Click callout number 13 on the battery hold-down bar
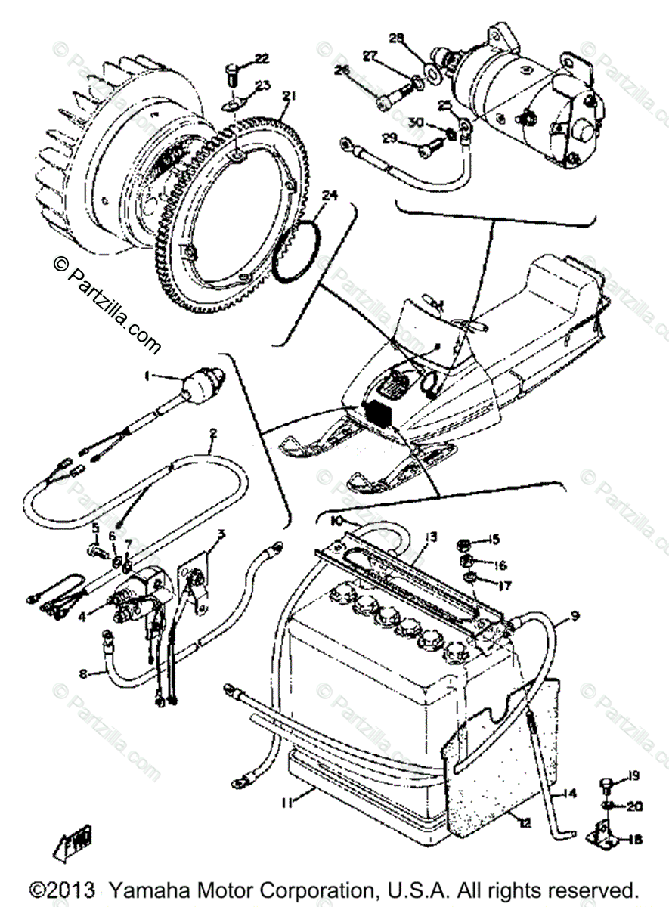430,537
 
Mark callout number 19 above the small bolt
633,775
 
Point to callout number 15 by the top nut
493,539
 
